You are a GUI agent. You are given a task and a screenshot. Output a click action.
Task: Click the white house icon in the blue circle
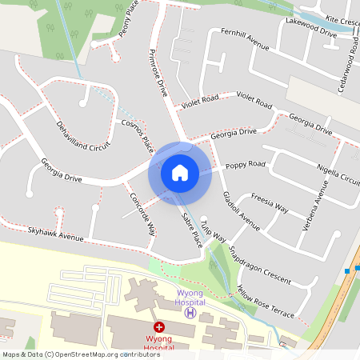[x=180, y=172]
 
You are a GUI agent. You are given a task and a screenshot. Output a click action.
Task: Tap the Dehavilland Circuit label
[x=82, y=136]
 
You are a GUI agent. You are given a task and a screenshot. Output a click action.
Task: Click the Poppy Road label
[x=244, y=165]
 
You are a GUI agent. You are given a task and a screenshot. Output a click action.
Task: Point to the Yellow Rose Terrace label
[x=266, y=300]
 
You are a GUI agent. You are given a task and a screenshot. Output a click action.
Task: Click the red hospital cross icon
[x=158, y=328]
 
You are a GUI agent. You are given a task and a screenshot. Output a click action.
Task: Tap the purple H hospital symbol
[x=190, y=313]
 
